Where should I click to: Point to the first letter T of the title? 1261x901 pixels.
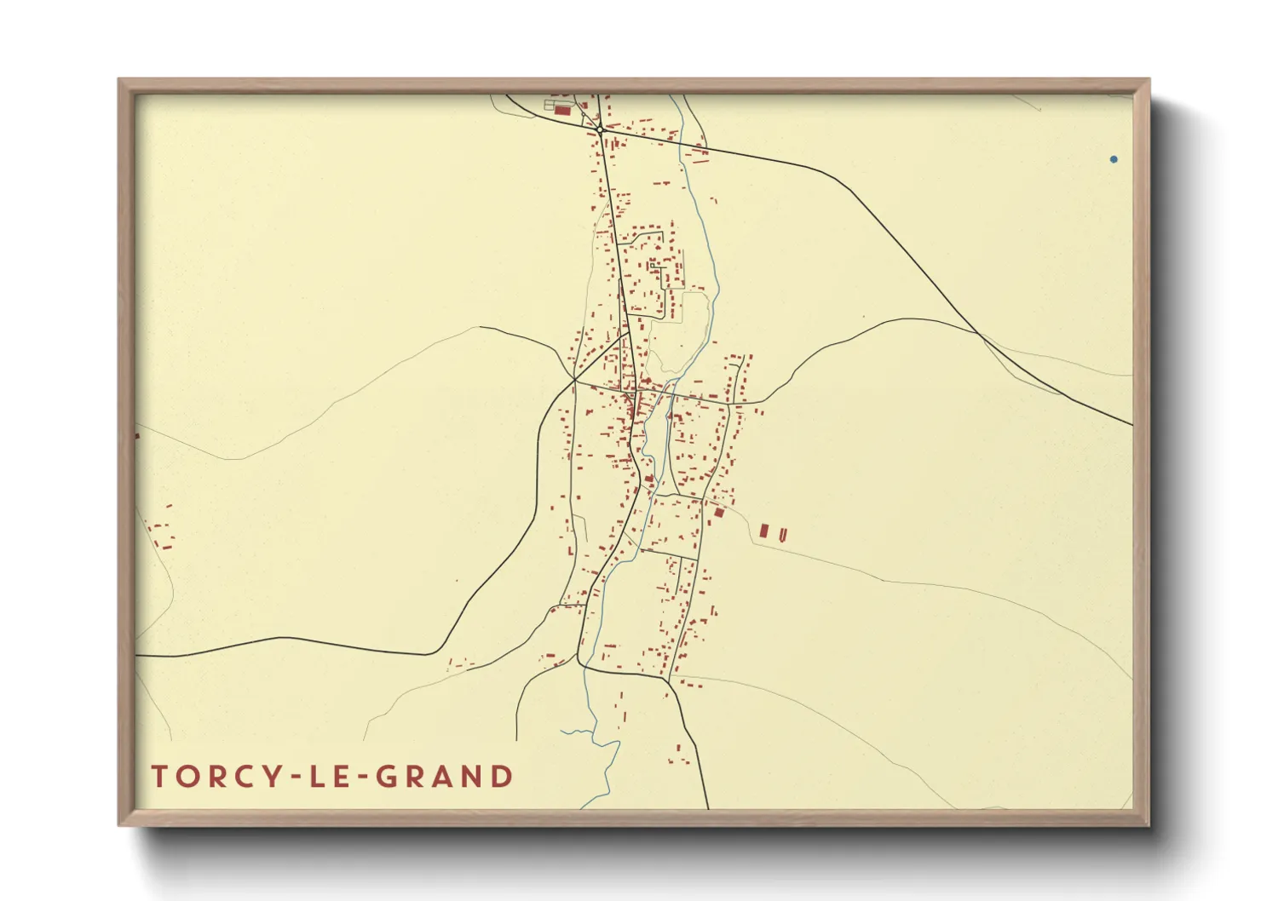159,777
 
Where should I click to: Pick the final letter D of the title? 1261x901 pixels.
503,777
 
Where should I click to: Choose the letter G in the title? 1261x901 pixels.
387,777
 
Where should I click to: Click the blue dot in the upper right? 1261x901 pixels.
1114,159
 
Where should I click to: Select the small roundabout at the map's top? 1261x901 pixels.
600,129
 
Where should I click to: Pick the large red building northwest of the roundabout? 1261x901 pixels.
562,110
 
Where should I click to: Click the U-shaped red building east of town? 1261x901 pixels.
782,534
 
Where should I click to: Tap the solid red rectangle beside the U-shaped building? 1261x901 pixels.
764,531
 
